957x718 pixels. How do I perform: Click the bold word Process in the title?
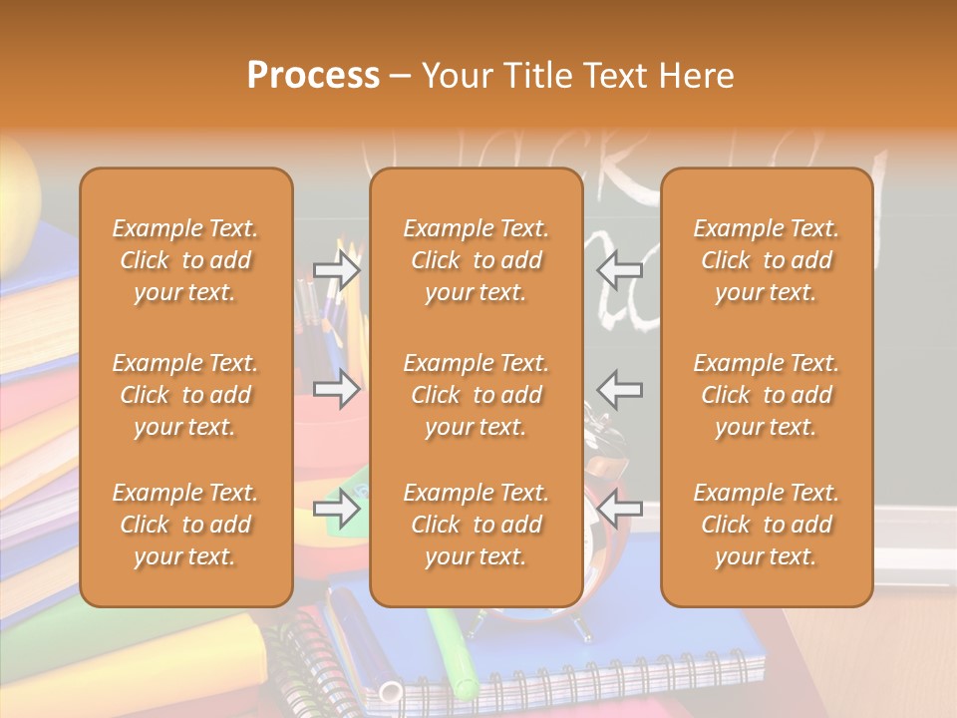[x=313, y=76]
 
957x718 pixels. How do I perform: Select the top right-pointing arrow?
[x=336, y=269]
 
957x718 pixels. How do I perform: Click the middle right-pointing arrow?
[x=336, y=388]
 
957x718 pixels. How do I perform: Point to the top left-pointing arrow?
[x=619, y=269]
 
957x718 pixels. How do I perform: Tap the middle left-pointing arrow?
[x=619, y=388]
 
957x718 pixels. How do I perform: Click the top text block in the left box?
[x=185, y=260]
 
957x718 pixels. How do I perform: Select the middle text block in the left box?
[x=185, y=395]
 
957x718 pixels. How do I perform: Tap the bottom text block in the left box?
[x=185, y=525]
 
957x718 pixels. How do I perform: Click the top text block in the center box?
[x=476, y=260]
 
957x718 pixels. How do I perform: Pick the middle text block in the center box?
[x=476, y=395]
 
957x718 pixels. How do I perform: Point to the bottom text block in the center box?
[x=476, y=525]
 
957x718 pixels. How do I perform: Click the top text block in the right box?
[x=766, y=260]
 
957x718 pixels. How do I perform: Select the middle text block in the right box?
[x=766, y=395]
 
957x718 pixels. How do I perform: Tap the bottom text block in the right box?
[x=766, y=525]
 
